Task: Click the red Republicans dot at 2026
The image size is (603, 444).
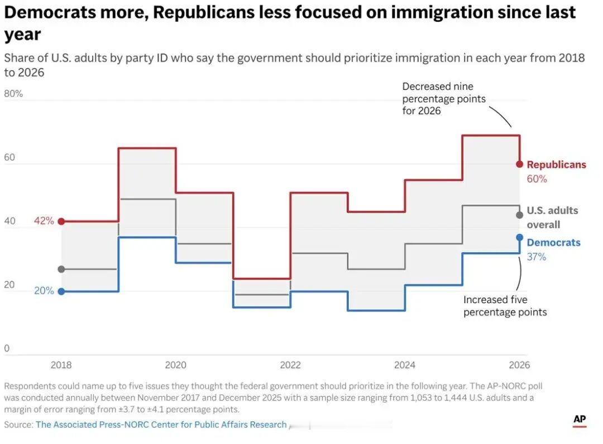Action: pyautogui.click(x=519, y=164)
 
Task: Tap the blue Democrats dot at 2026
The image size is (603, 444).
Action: pyautogui.click(x=519, y=238)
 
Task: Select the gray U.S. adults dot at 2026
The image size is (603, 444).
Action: pyautogui.click(x=519, y=215)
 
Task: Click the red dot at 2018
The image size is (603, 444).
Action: pyautogui.click(x=61, y=221)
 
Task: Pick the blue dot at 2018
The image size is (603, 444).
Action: pyautogui.click(x=61, y=291)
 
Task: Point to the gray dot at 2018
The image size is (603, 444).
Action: pyautogui.click(x=61, y=269)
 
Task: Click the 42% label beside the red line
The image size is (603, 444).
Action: pyautogui.click(x=44, y=221)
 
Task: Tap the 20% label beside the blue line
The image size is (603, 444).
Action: pyautogui.click(x=44, y=291)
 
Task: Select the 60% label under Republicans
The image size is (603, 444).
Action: pyautogui.click(x=537, y=179)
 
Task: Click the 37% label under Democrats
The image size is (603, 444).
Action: pyautogui.click(x=537, y=257)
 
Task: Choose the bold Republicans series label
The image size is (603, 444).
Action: pyautogui.click(x=556, y=165)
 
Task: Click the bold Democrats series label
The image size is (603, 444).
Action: pyautogui.click(x=553, y=243)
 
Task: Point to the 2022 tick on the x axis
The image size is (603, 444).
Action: pyautogui.click(x=290, y=365)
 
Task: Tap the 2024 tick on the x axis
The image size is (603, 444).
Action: pyautogui.click(x=405, y=365)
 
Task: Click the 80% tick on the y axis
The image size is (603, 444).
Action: pyautogui.click(x=13, y=94)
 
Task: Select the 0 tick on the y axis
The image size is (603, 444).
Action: pyautogui.click(x=7, y=349)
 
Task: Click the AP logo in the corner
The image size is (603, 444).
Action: pyautogui.click(x=580, y=420)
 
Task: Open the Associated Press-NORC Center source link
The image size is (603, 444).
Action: pyautogui.click(x=161, y=425)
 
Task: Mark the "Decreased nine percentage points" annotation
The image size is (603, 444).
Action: pyautogui.click(x=444, y=99)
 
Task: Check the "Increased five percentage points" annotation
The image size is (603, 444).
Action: pyautogui.click(x=505, y=306)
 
